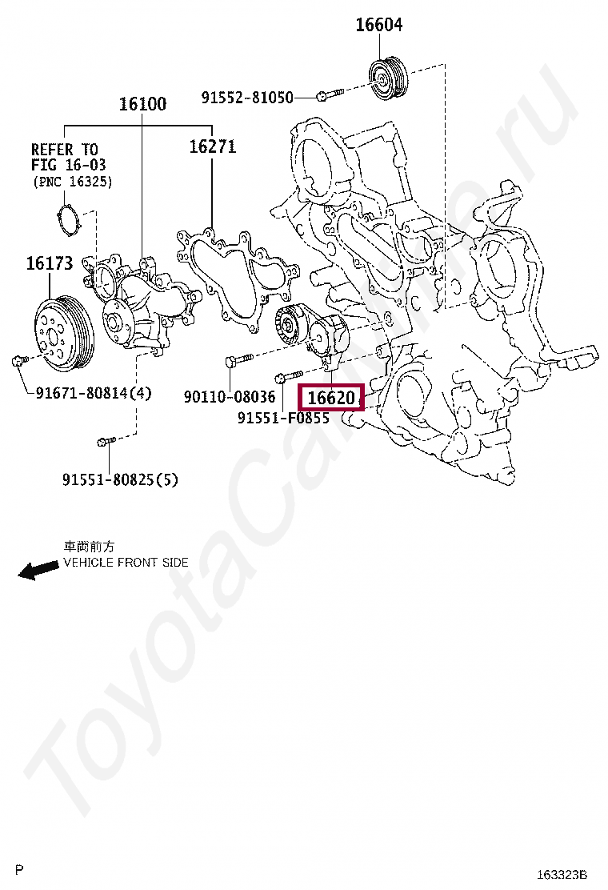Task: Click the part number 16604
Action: pyautogui.click(x=378, y=26)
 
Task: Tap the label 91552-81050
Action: pyautogui.click(x=247, y=98)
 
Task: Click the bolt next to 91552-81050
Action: pyautogui.click(x=329, y=96)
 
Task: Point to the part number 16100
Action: pyautogui.click(x=142, y=104)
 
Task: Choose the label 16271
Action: pyautogui.click(x=212, y=147)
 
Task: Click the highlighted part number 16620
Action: pyautogui.click(x=330, y=397)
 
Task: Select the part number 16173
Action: pyautogui.click(x=49, y=263)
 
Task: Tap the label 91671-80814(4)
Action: pyautogui.click(x=93, y=393)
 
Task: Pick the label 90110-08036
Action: pyautogui.click(x=229, y=396)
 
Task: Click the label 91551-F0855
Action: pyautogui.click(x=282, y=418)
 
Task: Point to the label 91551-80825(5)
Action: pyautogui.click(x=120, y=479)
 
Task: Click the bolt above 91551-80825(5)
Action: pyautogui.click(x=106, y=440)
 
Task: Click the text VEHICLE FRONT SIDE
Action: pyautogui.click(x=126, y=563)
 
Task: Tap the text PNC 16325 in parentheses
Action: pyautogui.click(x=72, y=182)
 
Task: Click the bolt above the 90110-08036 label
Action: pyautogui.click(x=239, y=362)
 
